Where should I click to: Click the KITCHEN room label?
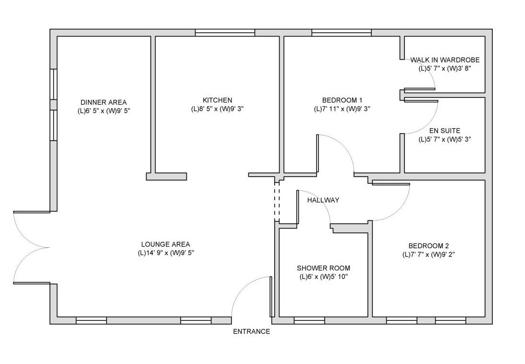pyautogui.click(x=217, y=100)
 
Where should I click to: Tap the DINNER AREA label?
pyautogui.click(x=103, y=102)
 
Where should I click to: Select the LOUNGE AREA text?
pyautogui.click(x=165, y=244)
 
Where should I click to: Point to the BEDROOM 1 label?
pyautogui.click(x=342, y=100)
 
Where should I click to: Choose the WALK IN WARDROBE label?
pyautogui.click(x=445, y=60)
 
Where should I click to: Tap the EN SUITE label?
pyautogui.click(x=445, y=131)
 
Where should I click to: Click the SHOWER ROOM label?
pyautogui.click(x=323, y=268)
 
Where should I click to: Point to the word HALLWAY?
pyautogui.click(x=323, y=200)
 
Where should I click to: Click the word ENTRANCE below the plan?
pyautogui.click(x=251, y=332)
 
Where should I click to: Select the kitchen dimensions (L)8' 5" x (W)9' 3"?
pyautogui.click(x=217, y=109)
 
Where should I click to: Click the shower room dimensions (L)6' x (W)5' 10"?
pyautogui.click(x=324, y=277)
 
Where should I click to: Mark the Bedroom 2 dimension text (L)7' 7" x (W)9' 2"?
pyautogui.click(x=428, y=255)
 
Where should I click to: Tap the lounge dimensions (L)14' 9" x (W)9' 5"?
pyautogui.click(x=166, y=253)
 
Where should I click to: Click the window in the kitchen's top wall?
pyautogui.click(x=225, y=33)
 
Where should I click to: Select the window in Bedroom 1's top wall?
pyautogui.click(x=342, y=33)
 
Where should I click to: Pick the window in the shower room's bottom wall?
pyautogui.click(x=309, y=321)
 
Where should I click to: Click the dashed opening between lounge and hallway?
pyautogui.click(x=277, y=202)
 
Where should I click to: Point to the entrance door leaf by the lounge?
pyautogui.click(x=271, y=297)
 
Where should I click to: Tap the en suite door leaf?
pyautogui.click(x=421, y=101)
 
